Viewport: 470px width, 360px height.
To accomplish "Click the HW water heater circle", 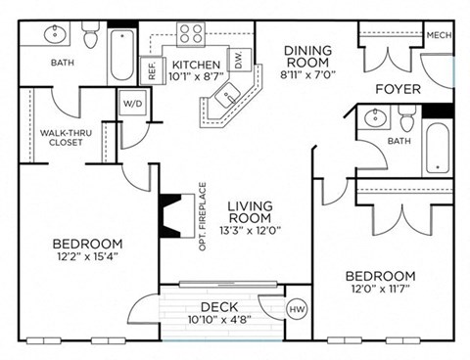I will tap(297, 309).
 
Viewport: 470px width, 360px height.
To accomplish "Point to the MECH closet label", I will tap(438, 37).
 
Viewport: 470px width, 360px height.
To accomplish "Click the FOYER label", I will tap(399, 89).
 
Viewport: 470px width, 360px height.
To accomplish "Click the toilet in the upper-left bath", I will tap(91, 37).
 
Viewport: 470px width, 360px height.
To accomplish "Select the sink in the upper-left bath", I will tap(55, 35).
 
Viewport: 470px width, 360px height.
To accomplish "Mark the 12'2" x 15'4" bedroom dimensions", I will tap(89, 257).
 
